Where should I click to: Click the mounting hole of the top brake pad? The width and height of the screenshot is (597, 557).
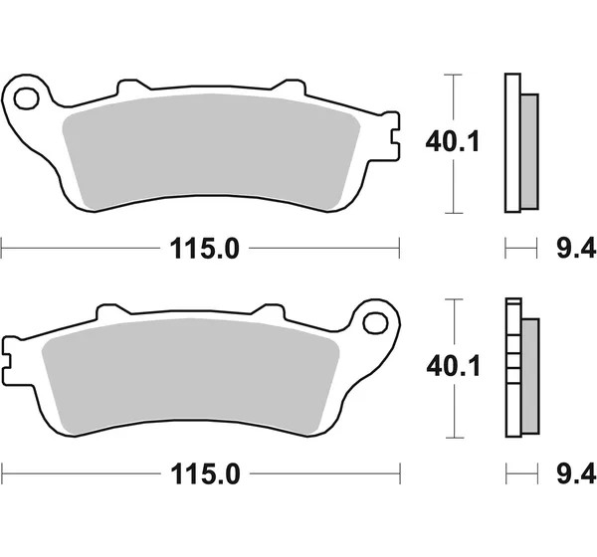pyautogui.click(x=27, y=98)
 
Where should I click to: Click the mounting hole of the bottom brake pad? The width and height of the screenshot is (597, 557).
pyautogui.click(x=376, y=323)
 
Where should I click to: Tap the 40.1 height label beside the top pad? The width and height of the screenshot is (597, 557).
pyautogui.click(x=452, y=142)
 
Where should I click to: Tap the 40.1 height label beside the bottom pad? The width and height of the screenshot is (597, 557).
pyautogui.click(x=453, y=367)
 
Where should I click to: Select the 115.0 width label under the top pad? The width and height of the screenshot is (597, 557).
pyautogui.click(x=204, y=249)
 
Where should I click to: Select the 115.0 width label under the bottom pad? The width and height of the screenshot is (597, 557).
pyautogui.click(x=206, y=473)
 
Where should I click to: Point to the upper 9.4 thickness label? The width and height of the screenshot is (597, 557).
pyautogui.click(x=576, y=249)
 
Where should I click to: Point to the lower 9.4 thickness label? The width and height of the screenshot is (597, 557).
pyautogui.click(x=576, y=472)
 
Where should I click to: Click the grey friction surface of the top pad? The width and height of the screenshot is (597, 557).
pyautogui.click(x=211, y=150)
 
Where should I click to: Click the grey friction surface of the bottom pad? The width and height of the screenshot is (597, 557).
pyautogui.click(x=190, y=376)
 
